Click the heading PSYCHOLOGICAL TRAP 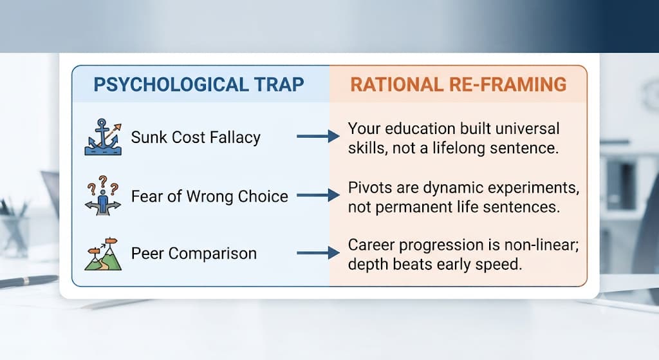click(198, 84)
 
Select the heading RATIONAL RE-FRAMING click(458, 84)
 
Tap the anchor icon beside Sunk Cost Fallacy click(103, 137)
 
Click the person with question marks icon click(103, 196)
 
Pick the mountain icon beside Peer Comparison click(103, 254)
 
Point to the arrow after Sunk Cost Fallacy click(318, 137)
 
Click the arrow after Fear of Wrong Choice click(318, 195)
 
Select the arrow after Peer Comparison click(318, 252)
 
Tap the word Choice click(263, 196)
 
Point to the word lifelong click(450, 148)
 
